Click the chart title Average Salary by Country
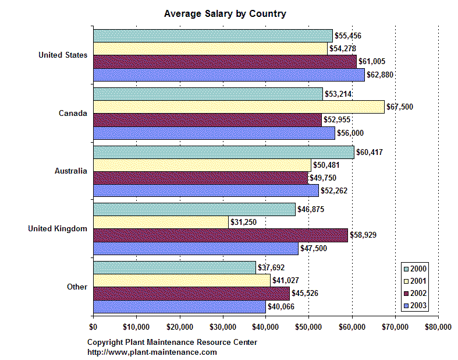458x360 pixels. (225, 13)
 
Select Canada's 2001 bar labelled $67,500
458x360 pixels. (239, 106)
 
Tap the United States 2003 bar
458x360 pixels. (229, 75)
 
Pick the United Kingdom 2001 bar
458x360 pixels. (161, 222)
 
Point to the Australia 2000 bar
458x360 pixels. (223, 152)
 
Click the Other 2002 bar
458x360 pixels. (191, 293)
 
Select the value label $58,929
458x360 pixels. (364, 235)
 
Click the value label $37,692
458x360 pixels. (272, 267)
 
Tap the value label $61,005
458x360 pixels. (372, 61)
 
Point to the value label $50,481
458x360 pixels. (327, 165)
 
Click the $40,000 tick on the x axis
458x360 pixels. (266, 327)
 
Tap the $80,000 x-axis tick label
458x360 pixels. (438, 327)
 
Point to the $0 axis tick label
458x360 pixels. (93, 327)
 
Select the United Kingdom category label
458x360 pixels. (58, 229)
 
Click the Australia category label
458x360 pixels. (71, 171)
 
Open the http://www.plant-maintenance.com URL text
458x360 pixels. (152, 352)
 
